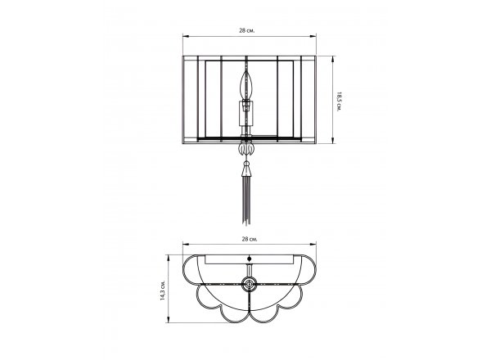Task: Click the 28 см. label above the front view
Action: [x=247, y=30]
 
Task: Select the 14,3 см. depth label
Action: [x=162, y=289]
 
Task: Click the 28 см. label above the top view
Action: [x=250, y=239]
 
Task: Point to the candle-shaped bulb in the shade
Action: [x=246, y=85]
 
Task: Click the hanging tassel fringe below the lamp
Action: [x=246, y=201]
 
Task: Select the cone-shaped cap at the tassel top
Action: [x=246, y=170]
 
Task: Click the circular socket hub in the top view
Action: [x=250, y=284]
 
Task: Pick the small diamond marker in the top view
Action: [x=250, y=259]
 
